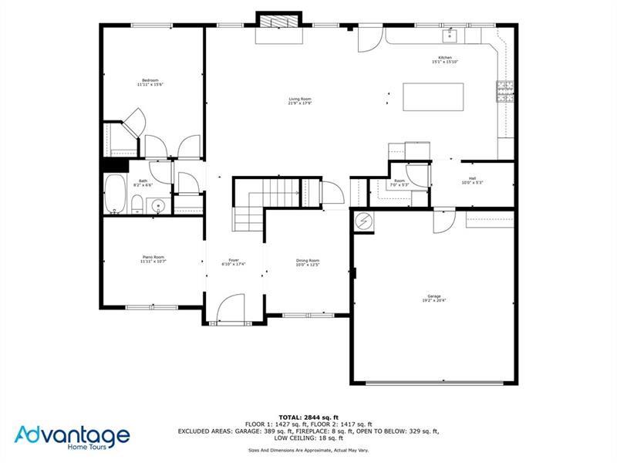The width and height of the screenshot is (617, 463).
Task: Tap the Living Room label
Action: (x=299, y=99)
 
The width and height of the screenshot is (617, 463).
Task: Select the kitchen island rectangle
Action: (x=433, y=97)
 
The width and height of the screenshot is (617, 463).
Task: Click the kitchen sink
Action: (x=450, y=35)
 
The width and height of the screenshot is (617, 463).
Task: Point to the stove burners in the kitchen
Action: (x=505, y=93)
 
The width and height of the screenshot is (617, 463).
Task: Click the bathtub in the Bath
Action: (x=114, y=194)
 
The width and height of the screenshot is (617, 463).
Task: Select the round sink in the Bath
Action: (x=158, y=205)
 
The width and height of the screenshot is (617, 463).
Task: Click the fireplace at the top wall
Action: (x=279, y=22)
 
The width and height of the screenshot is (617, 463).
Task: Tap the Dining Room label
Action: (x=307, y=261)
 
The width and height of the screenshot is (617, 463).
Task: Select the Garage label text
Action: (x=434, y=296)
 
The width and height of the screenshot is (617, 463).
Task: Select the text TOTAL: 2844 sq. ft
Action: (x=308, y=417)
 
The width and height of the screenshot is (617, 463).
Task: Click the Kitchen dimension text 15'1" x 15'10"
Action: (x=445, y=62)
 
